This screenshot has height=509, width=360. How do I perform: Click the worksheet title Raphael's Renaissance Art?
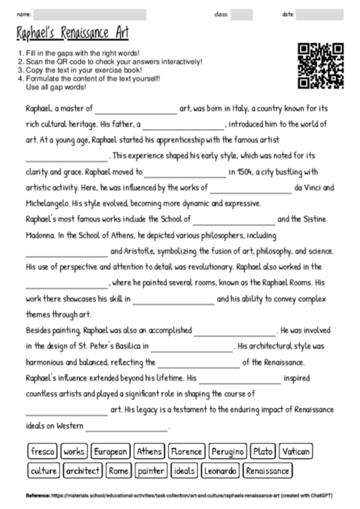click(x=72, y=34)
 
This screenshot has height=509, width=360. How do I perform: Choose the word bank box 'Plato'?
click(x=264, y=452)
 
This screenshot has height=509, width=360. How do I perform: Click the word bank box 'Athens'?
click(x=148, y=452)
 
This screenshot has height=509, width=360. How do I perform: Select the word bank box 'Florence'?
click(x=186, y=452)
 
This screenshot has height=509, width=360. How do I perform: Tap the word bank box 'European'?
click(x=110, y=452)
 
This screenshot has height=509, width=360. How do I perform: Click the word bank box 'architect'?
click(x=82, y=471)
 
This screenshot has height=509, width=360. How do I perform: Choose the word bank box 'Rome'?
click(x=118, y=471)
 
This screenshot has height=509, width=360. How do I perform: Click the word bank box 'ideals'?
click(x=184, y=471)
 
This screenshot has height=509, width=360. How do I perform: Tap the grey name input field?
click(x=90, y=15)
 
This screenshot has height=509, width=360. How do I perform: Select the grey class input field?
click(x=241, y=15)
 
